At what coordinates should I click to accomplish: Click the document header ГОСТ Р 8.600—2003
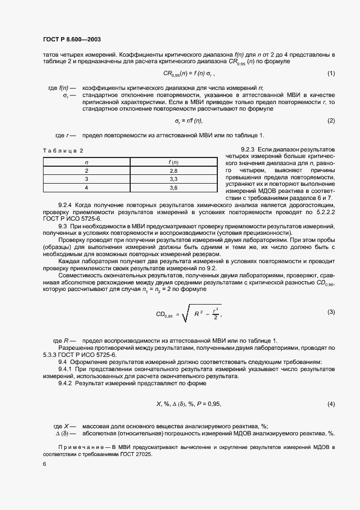(71, 39)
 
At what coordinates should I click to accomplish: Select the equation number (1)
(331, 73)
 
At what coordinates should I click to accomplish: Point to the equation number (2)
(331, 120)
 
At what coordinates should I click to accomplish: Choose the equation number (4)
(331, 404)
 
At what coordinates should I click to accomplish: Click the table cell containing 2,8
(174, 171)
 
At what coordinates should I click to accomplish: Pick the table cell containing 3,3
(174, 179)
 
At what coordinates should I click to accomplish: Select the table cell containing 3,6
(174, 187)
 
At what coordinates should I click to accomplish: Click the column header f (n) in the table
(174, 162)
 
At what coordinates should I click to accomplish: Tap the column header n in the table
(86, 162)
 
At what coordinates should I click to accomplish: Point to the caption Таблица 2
(63, 150)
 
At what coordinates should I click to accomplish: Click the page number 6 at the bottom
(44, 464)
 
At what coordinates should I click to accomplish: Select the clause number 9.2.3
(248, 149)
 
